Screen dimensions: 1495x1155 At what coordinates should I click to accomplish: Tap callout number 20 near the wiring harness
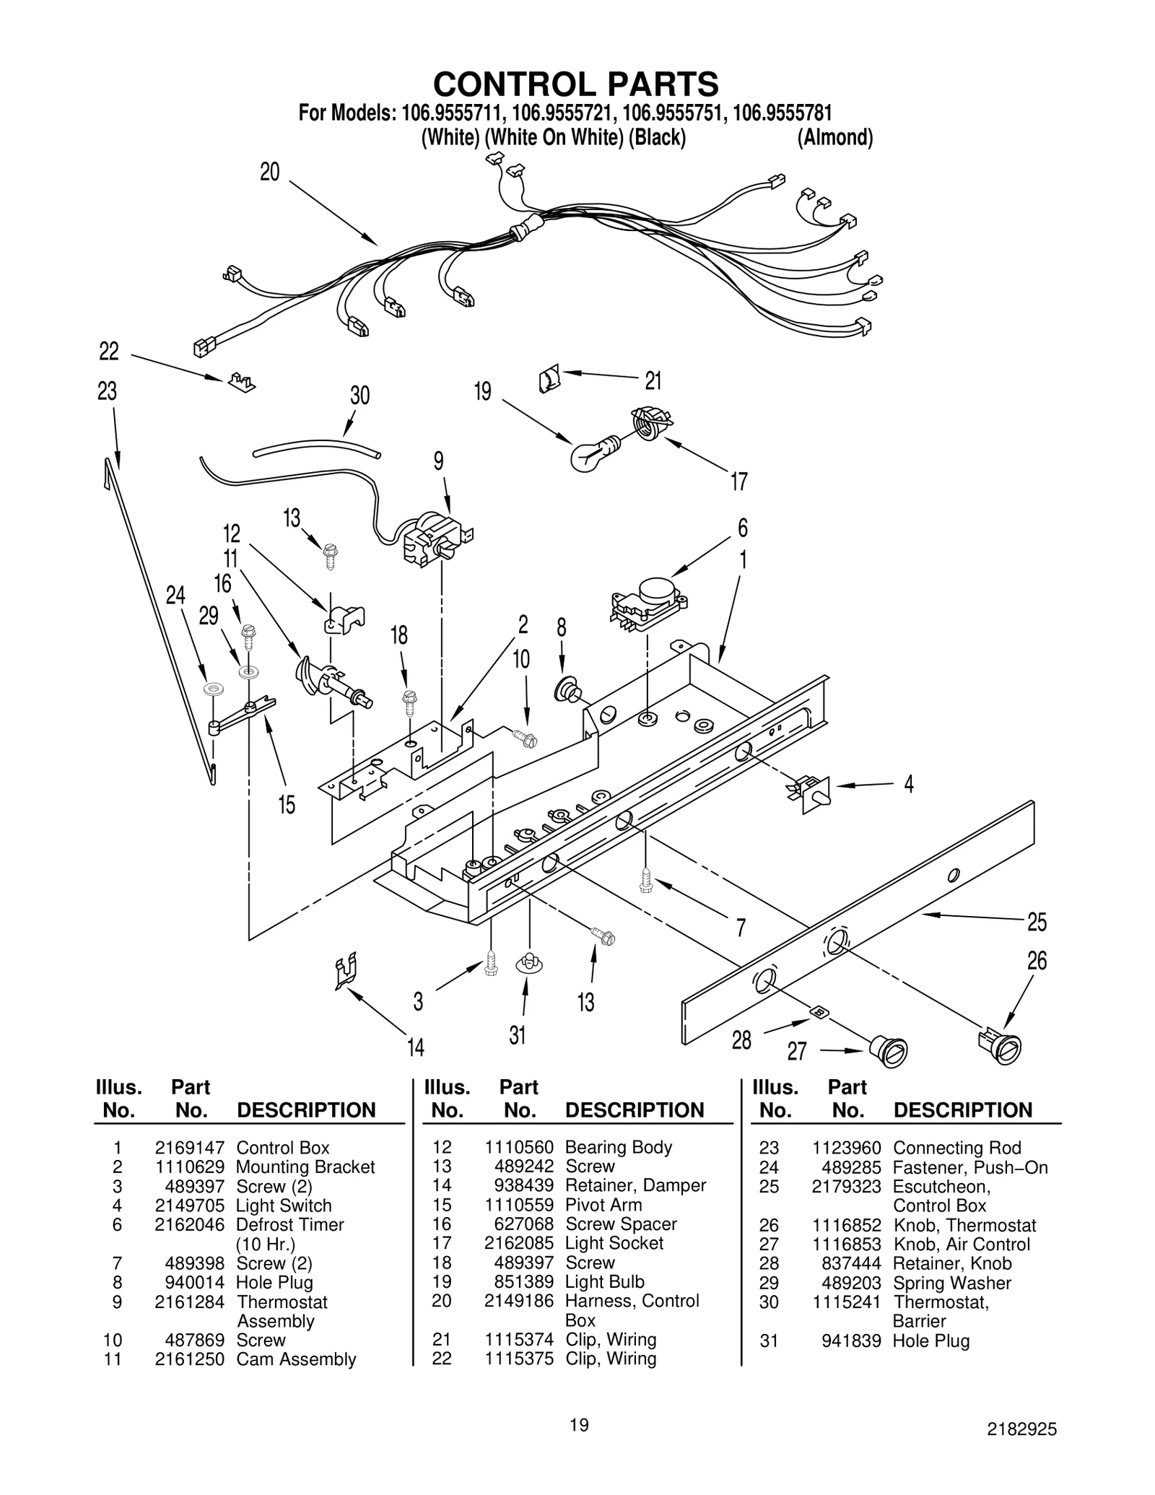269,172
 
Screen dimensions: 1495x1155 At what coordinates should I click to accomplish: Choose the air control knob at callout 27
888,1051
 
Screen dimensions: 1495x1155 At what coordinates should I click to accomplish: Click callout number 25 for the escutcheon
1037,922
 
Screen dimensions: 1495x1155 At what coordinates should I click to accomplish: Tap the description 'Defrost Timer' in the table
289,1224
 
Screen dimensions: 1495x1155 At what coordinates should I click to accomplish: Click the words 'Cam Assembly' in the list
296,1359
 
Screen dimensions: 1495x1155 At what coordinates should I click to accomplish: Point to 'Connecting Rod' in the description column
956,1148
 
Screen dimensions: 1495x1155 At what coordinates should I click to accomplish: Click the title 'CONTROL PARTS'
575,84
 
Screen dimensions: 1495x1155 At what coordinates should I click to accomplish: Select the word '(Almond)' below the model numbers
834,137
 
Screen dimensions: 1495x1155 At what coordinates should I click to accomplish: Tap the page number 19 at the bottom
579,1424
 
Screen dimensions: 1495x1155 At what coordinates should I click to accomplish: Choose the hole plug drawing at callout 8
567,689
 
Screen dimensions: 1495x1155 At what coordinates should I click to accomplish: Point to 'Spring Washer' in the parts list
951,1283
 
